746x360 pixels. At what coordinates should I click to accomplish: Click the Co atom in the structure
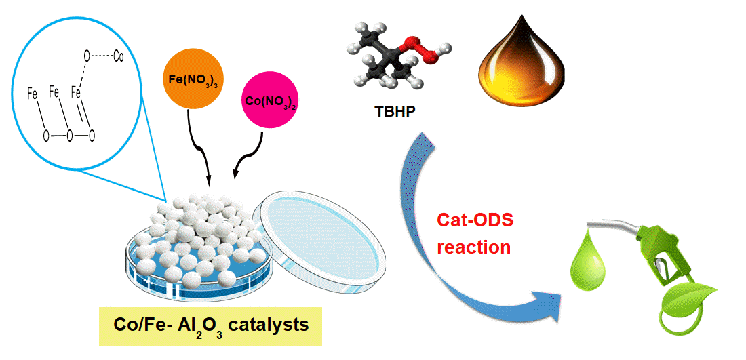[x=118, y=58]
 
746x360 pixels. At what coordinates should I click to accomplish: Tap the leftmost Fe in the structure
[x=32, y=95]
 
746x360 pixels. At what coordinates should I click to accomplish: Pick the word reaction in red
[x=473, y=247]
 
